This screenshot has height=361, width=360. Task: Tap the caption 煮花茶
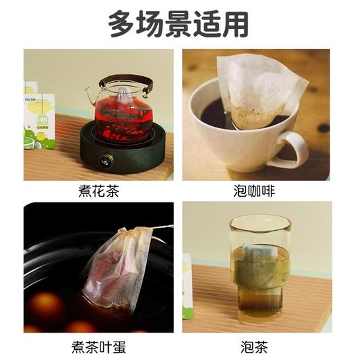pos(99,191)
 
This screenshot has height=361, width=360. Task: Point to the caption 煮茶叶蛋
pos(99,346)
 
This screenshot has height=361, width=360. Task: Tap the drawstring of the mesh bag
pos(160,228)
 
